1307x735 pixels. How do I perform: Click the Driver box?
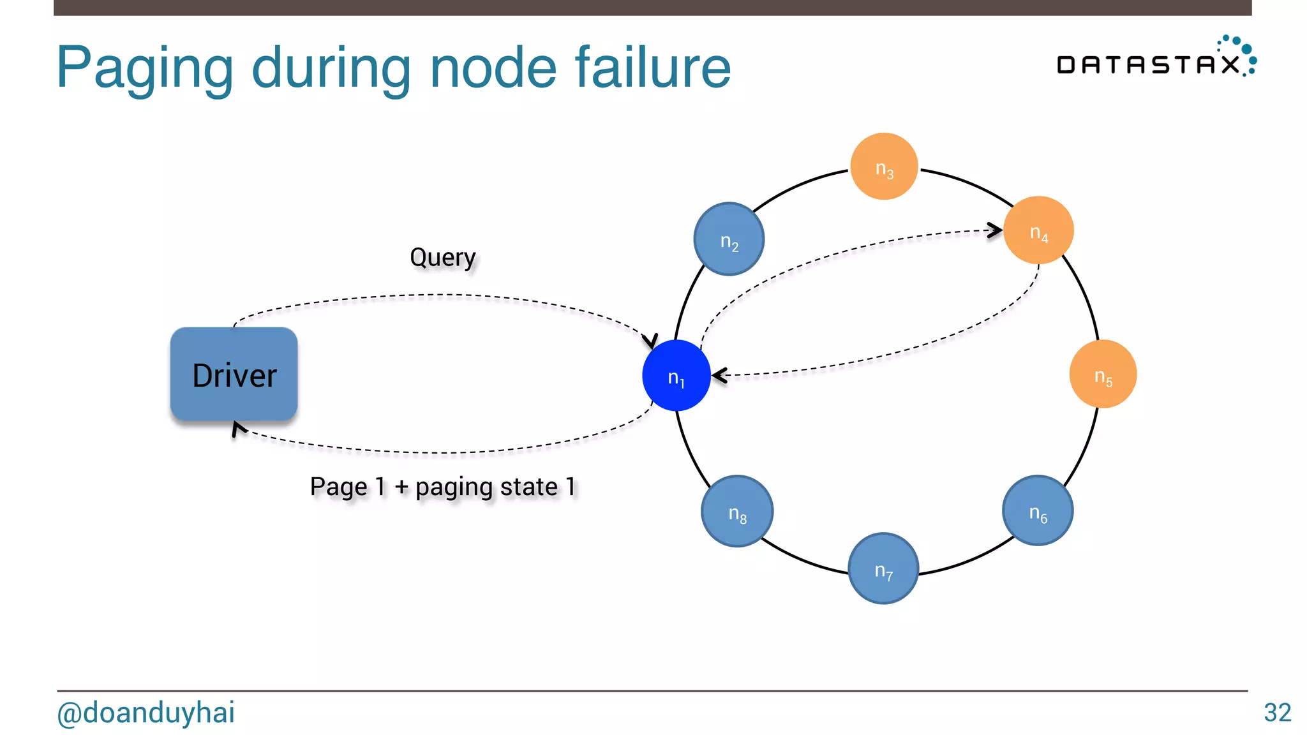pos(234,375)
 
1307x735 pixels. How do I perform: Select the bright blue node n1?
pos(676,376)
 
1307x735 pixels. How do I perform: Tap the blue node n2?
pos(729,239)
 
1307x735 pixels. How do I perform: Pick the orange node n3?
pos(884,167)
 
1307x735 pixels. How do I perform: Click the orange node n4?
pos(1038,230)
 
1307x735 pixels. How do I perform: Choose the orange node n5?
pos(1103,375)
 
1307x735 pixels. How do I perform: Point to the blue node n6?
pos(1038,510)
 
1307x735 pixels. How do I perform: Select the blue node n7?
pos(883,568)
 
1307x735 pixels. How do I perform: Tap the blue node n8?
pos(737,511)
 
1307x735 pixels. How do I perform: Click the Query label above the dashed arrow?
pos(442,257)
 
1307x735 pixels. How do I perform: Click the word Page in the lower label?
pos(338,487)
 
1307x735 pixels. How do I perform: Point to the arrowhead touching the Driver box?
pos(238,429)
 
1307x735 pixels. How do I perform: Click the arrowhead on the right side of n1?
pos(719,376)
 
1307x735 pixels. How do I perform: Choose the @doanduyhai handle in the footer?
pos(146,713)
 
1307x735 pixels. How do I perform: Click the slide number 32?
pos(1277,713)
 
